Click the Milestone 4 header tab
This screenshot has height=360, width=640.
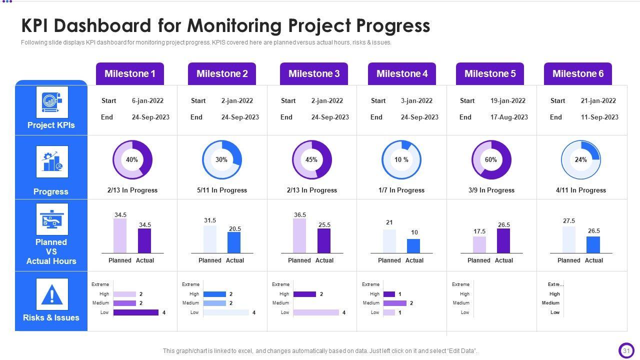pos(401,73)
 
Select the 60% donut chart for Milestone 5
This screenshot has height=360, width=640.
pos(491,160)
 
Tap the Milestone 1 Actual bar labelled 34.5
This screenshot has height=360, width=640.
pos(144,241)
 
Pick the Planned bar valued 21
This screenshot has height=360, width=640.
pos(389,241)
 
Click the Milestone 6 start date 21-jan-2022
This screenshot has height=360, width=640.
pos(598,100)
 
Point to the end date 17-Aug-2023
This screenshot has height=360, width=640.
pos(509,117)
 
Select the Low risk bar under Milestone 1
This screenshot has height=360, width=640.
pos(135,312)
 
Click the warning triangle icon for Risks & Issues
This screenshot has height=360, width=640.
pos(51,294)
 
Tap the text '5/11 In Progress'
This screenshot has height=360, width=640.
pos(221,190)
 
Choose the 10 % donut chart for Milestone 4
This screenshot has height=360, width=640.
pos(401,160)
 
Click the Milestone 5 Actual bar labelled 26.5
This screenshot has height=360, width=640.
pos(503,241)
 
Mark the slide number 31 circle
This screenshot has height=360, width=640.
pos(626,351)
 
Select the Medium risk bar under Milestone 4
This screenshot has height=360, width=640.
pos(394,303)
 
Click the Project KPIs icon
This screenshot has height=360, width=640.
pos(51,102)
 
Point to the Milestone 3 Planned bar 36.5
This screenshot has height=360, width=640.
pos(299,236)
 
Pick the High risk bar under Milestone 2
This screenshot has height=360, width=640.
pos(214,294)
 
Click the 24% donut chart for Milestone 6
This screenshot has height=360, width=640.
pos(580,160)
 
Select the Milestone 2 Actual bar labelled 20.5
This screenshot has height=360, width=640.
pos(234,242)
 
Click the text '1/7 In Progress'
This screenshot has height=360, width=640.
pos(401,190)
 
